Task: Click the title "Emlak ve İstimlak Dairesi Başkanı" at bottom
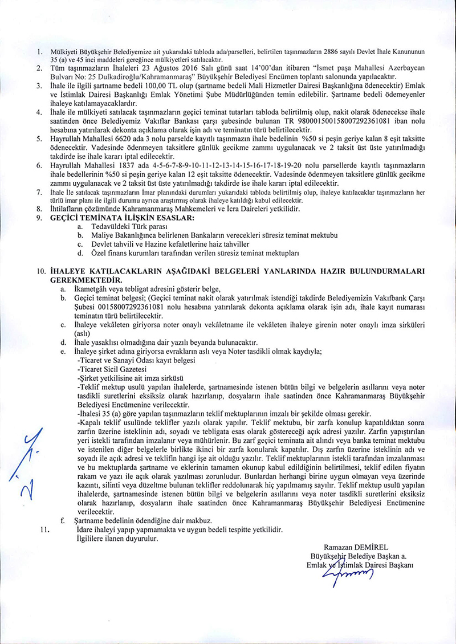tap(359, 564)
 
